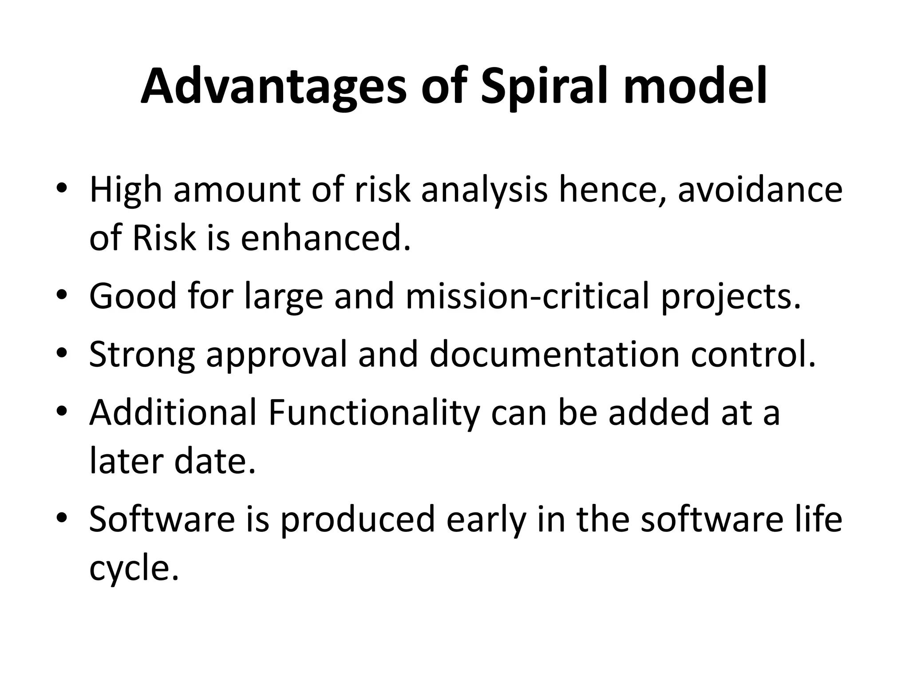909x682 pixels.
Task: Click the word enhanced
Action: [x=325, y=237]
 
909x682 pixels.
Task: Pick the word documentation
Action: [x=554, y=354]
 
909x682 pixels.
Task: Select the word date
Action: [x=215, y=461]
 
